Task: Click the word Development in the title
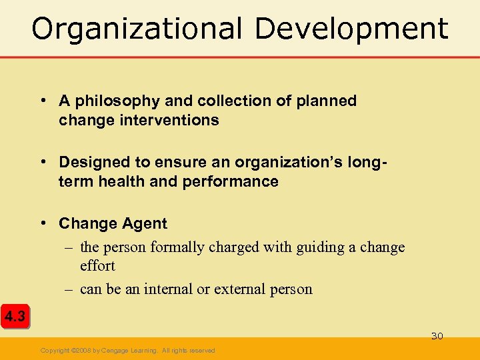[x=351, y=29]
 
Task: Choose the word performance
[x=231, y=181]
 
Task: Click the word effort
[x=97, y=266]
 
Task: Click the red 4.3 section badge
[x=15, y=317]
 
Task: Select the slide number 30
[x=437, y=336]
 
